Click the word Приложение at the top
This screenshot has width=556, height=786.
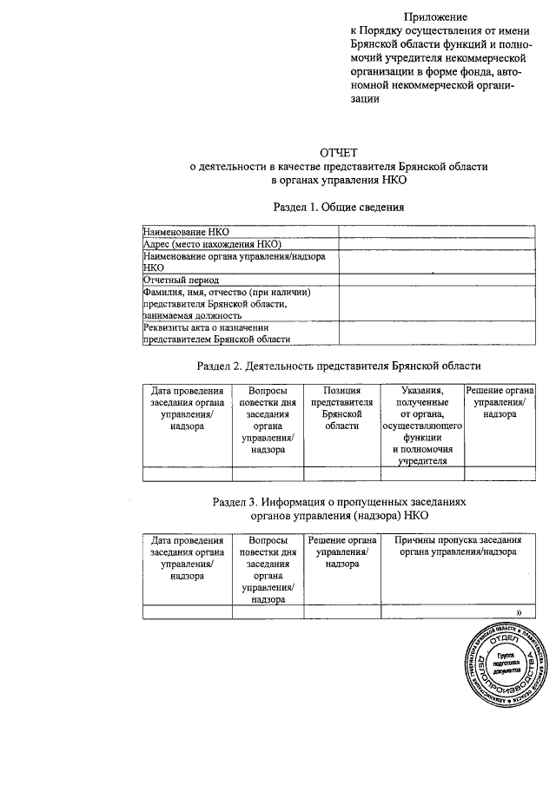pos(435,17)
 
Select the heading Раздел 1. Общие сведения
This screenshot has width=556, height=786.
pos(339,208)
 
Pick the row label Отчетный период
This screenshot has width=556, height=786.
pos(181,281)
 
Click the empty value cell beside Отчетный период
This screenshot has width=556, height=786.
pos(436,281)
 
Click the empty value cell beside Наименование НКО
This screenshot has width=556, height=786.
pos(436,233)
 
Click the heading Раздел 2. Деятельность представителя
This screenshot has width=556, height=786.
pos(339,366)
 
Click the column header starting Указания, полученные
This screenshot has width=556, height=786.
pos(423,426)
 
